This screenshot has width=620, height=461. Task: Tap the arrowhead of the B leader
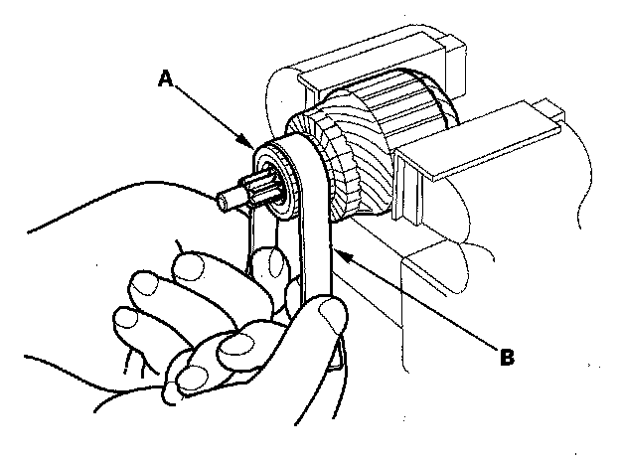coord(337,250)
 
